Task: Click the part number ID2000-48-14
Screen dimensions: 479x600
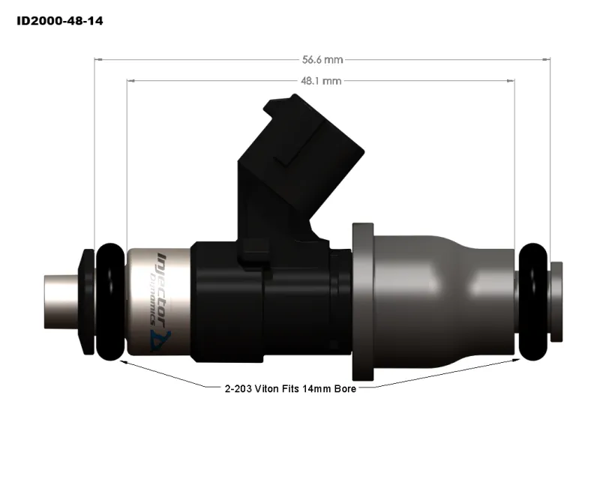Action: pyautogui.click(x=60, y=21)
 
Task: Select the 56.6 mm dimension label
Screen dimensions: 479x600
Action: pyautogui.click(x=322, y=59)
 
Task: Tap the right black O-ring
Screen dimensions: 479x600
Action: pyautogui.click(x=533, y=300)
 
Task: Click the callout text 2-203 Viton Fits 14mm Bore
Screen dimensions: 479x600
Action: pyautogui.click(x=289, y=390)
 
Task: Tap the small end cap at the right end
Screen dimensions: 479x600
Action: pyautogui.click(x=557, y=300)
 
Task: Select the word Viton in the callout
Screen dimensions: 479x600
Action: pyautogui.click(x=266, y=390)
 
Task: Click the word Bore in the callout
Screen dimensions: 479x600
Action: pyautogui.click(x=342, y=390)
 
